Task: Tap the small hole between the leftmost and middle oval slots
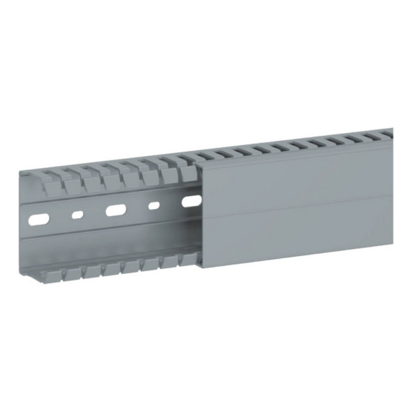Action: (77, 213)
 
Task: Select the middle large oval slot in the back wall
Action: (115, 210)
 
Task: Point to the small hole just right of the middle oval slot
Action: (153, 206)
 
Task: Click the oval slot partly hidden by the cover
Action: (190, 202)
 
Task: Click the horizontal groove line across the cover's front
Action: (300, 202)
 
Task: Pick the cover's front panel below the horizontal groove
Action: (300, 229)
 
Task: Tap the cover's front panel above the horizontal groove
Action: (300, 175)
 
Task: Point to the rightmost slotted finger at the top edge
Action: (387, 134)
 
